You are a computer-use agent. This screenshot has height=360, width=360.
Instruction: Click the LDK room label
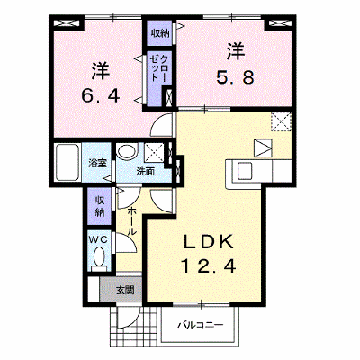(208, 242)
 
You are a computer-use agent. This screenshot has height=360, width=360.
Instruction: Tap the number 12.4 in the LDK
(208, 265)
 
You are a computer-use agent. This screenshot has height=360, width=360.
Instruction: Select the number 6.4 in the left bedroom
(101, 96)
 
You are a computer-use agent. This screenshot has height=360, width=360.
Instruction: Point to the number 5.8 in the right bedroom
(236, 77)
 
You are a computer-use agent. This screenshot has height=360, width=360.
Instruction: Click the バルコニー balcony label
(201, 325)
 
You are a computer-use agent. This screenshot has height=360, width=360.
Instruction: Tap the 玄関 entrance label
(125, 291)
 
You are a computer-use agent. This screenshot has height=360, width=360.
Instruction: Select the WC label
(99, 239)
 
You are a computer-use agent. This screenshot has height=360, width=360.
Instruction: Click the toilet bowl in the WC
(99, 256)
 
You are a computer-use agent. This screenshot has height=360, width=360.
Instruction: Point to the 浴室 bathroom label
(97, 164)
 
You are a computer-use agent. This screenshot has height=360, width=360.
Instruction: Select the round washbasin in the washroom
(127, 151)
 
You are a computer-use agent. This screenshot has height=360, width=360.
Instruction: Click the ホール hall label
(132, 221)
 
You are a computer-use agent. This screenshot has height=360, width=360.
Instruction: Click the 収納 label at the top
(160, 33)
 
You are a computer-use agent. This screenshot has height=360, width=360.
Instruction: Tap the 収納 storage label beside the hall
(100, 206)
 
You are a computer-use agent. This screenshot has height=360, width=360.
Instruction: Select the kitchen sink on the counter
(244, 171)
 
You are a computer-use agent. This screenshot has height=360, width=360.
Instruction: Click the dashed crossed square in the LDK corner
(281, 121)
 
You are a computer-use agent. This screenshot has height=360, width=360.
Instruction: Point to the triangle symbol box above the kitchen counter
(263, 148)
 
